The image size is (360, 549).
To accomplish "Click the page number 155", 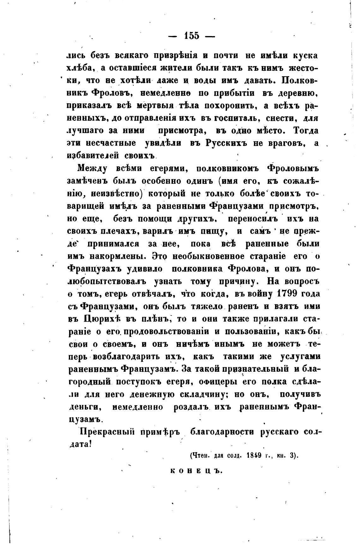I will click(x=191, y=36).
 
